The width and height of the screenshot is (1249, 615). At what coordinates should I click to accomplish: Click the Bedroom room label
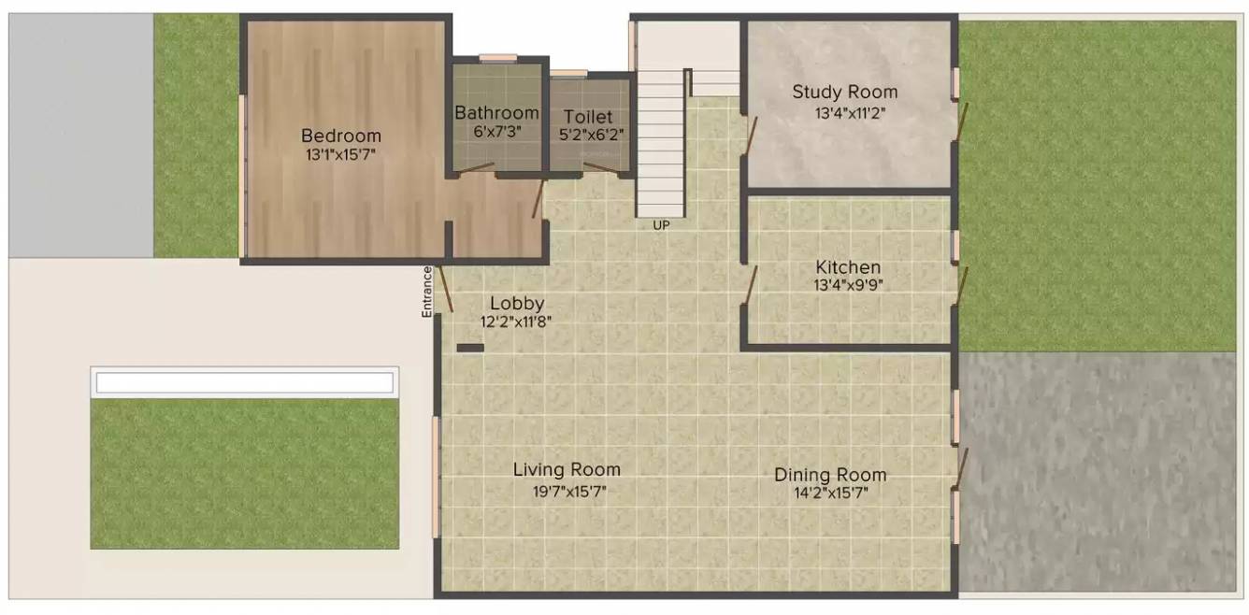point(340,136)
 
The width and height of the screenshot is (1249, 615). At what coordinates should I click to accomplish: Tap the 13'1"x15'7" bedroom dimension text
point(340,154)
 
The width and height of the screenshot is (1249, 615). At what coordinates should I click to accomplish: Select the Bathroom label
point(497,113)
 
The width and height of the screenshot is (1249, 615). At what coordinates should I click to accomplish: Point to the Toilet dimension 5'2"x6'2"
point(591,135)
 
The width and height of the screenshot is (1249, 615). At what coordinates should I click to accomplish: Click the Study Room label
point(844,92)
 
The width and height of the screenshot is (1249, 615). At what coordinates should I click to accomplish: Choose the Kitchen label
point(847,267)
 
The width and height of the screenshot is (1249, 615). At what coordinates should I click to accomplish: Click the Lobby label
point(517,304)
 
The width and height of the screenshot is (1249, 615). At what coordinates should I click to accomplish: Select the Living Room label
point(567,470)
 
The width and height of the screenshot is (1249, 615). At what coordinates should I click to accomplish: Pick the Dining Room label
point(829,475)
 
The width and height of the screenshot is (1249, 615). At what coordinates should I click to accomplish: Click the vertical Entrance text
point(427,292)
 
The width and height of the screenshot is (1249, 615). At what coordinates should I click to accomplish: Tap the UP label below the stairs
point(661,225)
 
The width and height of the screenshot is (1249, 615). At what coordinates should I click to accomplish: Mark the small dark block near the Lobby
point(470,348)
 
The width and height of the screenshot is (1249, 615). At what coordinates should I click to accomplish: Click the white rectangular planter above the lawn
point(244,382)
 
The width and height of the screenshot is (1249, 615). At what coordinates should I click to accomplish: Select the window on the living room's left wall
point(436,477)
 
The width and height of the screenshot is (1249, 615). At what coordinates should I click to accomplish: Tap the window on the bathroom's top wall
point(497,58)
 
